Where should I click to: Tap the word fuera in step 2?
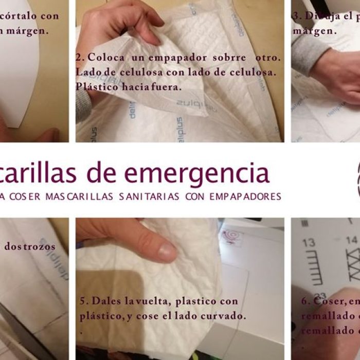[x=166, y=86]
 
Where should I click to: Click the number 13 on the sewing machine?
[x=309, y=242]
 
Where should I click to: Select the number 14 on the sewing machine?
[x=351, y=240]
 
